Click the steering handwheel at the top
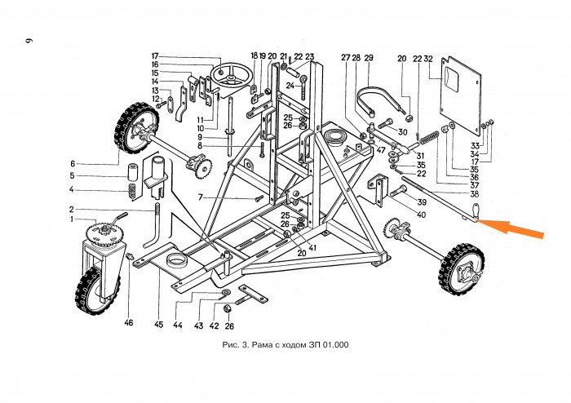coord(228,80)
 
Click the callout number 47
coord(380,149)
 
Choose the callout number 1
coord(71,219)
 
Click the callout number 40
coord(421,215)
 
